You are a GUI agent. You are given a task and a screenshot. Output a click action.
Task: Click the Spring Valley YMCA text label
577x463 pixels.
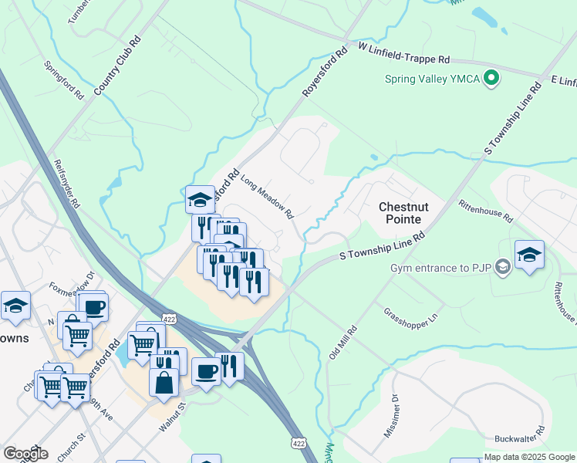click(x=434, y=79)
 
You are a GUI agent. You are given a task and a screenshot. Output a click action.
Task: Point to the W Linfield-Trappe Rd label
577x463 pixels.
click(x=404, y=52)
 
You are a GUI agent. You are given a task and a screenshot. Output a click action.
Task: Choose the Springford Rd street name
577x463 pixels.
click(x=64, y=80)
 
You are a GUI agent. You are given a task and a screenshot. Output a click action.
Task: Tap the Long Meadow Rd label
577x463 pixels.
click(x=268, y=195)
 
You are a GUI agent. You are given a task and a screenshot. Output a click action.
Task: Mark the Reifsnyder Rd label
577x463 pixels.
click(x=66, y=184)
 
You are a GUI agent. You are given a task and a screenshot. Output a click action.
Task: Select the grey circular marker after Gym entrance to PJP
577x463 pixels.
click(x=503, y=267)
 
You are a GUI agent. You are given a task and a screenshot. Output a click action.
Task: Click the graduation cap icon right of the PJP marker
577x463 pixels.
click(x=529, y=255)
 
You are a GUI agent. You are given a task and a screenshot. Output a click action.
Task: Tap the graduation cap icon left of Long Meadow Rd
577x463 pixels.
click(x=201, y=198)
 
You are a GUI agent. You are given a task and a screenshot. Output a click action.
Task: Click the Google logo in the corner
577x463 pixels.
click(x=26, y=454)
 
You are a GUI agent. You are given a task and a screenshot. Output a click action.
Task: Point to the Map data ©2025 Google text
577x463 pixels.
click(x=529, y=457)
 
